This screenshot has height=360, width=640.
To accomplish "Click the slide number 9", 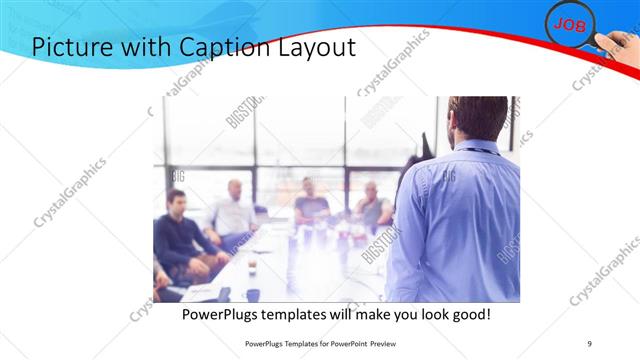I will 589,342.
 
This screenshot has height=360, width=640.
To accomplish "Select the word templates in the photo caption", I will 299,314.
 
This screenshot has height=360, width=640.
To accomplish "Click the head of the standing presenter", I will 477,119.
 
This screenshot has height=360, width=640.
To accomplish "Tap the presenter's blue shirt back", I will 455,220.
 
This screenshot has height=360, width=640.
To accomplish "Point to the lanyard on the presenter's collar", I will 479,151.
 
